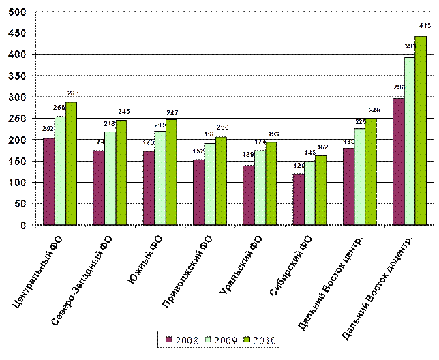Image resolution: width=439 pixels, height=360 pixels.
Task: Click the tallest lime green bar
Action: pos(421,130)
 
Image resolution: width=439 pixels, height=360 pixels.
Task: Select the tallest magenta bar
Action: pos(399,162)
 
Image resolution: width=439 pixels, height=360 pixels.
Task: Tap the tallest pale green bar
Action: pos(410,141)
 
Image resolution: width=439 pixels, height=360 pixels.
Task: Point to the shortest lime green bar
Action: pos(320,190)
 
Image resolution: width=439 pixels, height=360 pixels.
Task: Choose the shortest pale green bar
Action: pos(309,193)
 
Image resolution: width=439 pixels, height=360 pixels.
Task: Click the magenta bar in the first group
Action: pos(48,181)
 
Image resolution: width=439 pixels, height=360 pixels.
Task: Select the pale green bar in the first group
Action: pos(60,170)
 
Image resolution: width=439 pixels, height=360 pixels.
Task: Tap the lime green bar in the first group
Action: pos(71,163)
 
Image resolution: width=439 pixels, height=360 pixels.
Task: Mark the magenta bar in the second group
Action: pos(99,187)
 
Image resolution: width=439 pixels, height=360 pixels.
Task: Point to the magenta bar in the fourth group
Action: pos(198,192)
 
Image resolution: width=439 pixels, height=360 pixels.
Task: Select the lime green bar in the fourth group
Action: pos(221,181)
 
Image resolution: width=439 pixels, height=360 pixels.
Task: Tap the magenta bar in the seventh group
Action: pos(348,186)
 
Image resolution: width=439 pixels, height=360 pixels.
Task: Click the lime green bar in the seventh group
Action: pos(371,172)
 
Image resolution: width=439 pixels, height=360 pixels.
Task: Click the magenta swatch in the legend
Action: pos(170,338)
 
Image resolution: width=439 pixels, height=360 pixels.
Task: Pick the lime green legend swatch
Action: pos(249,338)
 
